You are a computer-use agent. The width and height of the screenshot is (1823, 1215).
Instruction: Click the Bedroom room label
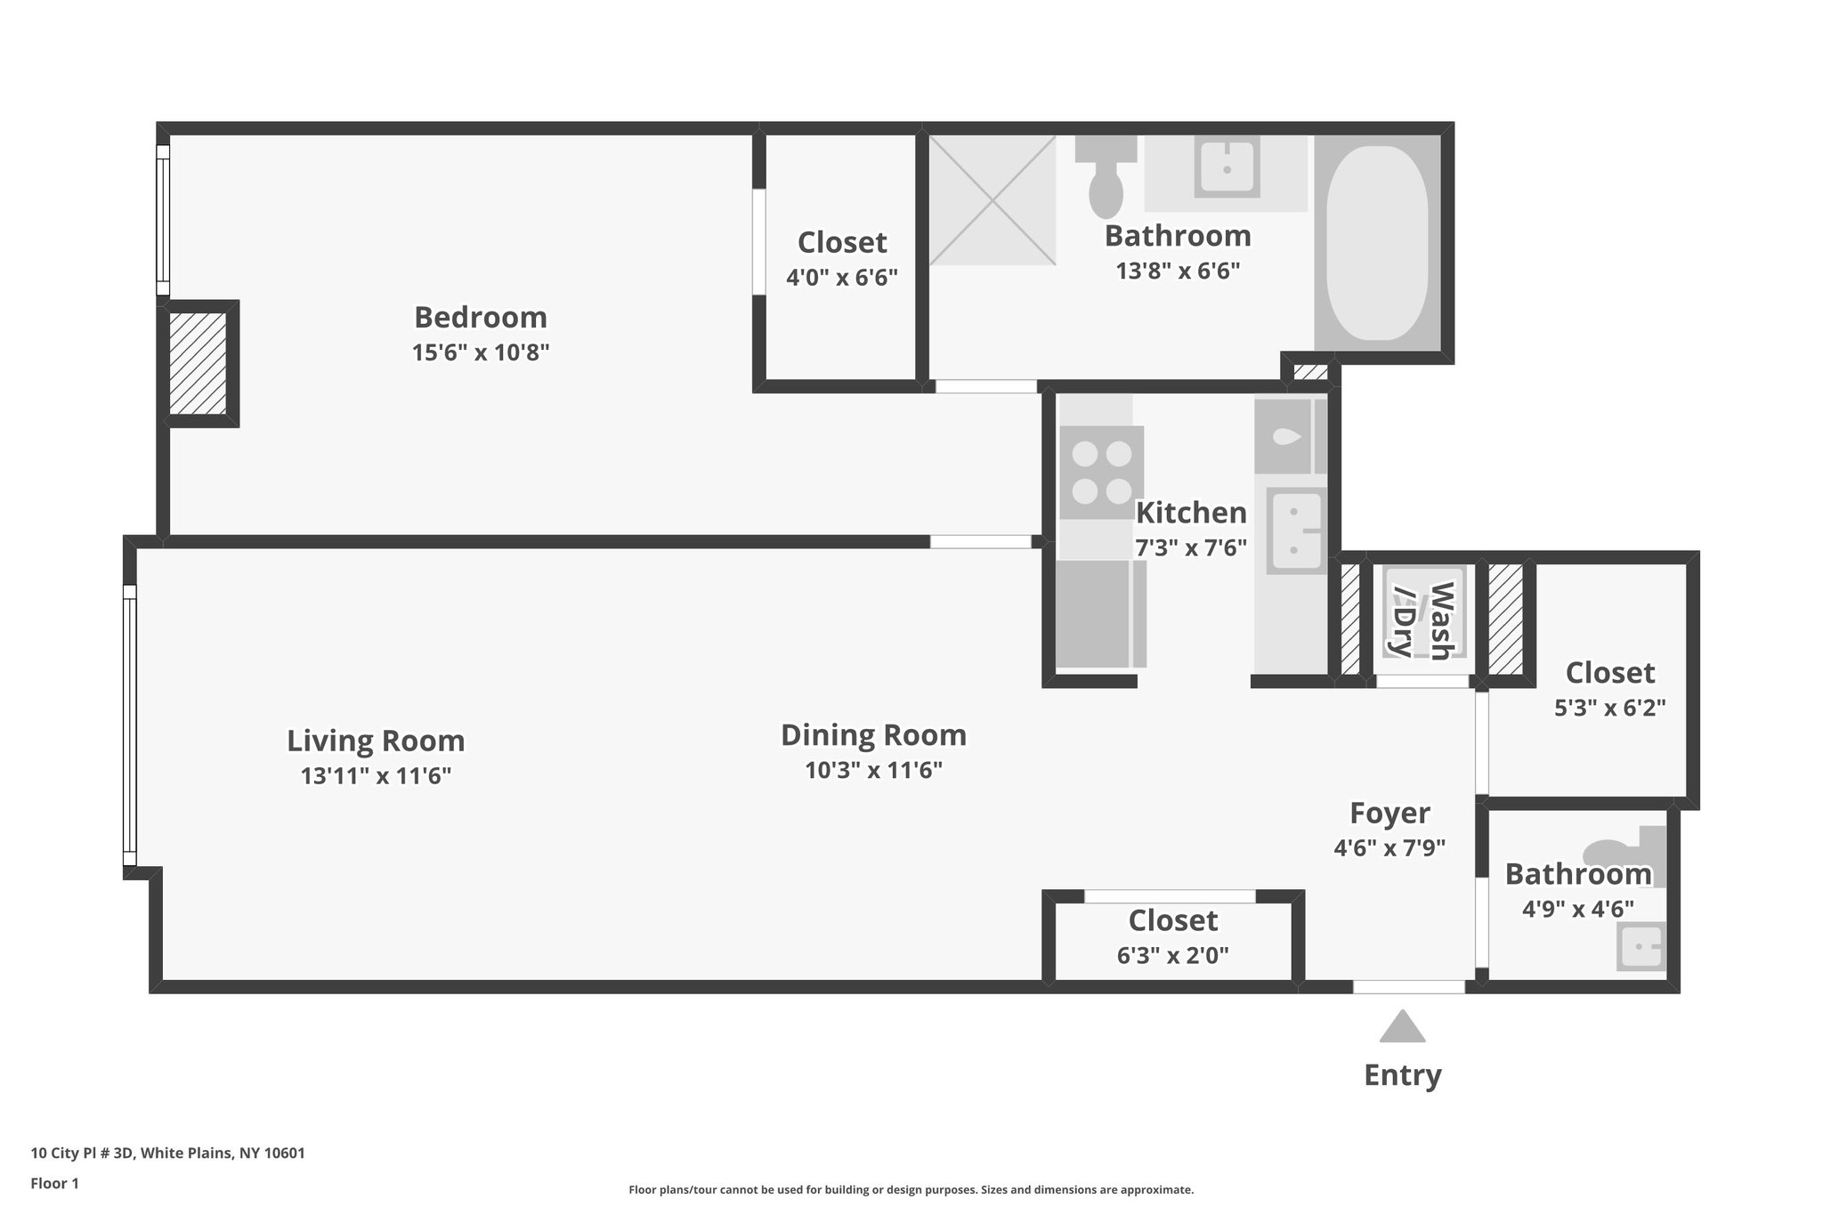tap(481, 317)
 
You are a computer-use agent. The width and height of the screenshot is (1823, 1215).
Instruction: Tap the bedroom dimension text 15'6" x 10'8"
tap(481, 352)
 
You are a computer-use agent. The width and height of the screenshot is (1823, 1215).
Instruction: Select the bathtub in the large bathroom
tap(1376, 243)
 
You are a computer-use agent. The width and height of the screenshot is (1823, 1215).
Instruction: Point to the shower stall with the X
tap(992, 200)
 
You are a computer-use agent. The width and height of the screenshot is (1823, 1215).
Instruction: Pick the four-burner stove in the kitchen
tap(1101, 473)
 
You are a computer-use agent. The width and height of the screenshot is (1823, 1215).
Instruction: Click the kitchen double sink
tap(1296, 531)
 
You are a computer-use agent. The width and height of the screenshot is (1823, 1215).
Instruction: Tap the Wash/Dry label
tap(1423, 620)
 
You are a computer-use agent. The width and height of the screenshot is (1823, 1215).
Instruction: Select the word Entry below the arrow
tap(1402, 1075)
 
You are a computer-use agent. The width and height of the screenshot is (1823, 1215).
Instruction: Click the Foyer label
tap(1390, 813)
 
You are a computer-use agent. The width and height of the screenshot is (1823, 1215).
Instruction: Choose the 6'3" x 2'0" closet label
tap(1172, 955)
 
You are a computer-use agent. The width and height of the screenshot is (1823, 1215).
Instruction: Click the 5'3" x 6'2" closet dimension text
tap(1609, 708)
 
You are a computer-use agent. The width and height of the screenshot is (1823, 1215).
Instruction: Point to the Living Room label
tap(376, 741)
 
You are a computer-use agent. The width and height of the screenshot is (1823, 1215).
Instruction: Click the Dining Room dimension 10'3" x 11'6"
tap(873, 770)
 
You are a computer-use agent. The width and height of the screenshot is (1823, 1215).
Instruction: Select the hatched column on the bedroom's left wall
tap(198, 363)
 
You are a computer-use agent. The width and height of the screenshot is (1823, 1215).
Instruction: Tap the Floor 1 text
tap(54, 1183)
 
